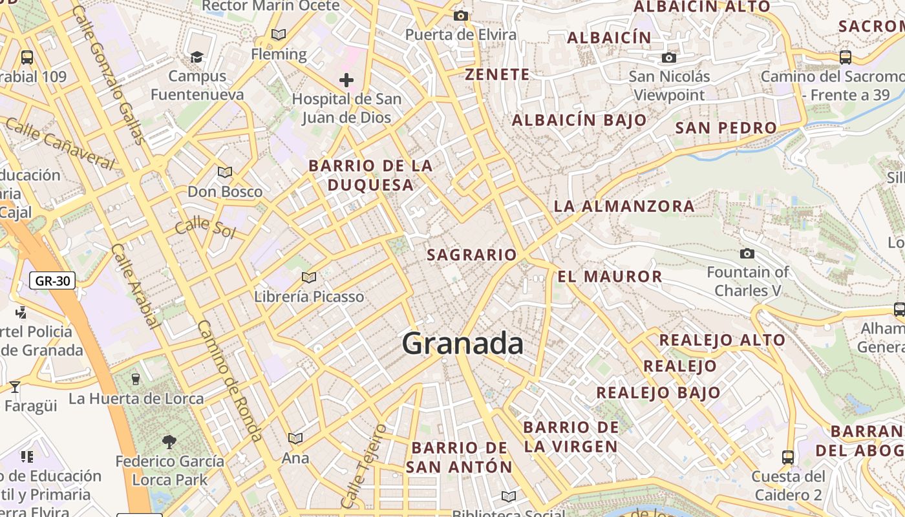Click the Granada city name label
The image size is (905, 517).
click(463, 343)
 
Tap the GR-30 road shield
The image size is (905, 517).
click(52, 280)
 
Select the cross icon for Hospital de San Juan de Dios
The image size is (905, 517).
click(346, 80)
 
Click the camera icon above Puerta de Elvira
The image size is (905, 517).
click(461, 16)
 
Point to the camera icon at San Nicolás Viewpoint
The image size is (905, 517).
click(669, 58)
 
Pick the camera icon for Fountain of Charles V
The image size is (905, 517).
click(747, 253)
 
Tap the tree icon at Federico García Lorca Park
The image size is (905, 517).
click(169, 442)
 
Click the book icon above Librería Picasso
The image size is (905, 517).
click(309, 277)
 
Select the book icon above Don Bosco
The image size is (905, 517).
click(224, 172)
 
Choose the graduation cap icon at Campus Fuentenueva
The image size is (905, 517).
click(197, 57)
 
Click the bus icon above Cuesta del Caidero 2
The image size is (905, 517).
click(788, 458)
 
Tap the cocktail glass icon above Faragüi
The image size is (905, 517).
click(15, 387)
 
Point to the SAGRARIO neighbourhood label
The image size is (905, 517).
click(472, 255)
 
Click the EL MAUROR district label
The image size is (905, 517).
click(610, 277)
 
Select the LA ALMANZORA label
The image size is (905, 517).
click(624, 206)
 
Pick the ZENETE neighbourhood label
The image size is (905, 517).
click(497, 74)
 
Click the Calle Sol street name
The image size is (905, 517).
click(205, 227)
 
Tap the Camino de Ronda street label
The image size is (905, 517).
click(230, 381)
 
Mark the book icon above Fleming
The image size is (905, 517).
click(279, 34)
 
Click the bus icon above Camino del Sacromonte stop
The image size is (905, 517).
click(845, 57)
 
